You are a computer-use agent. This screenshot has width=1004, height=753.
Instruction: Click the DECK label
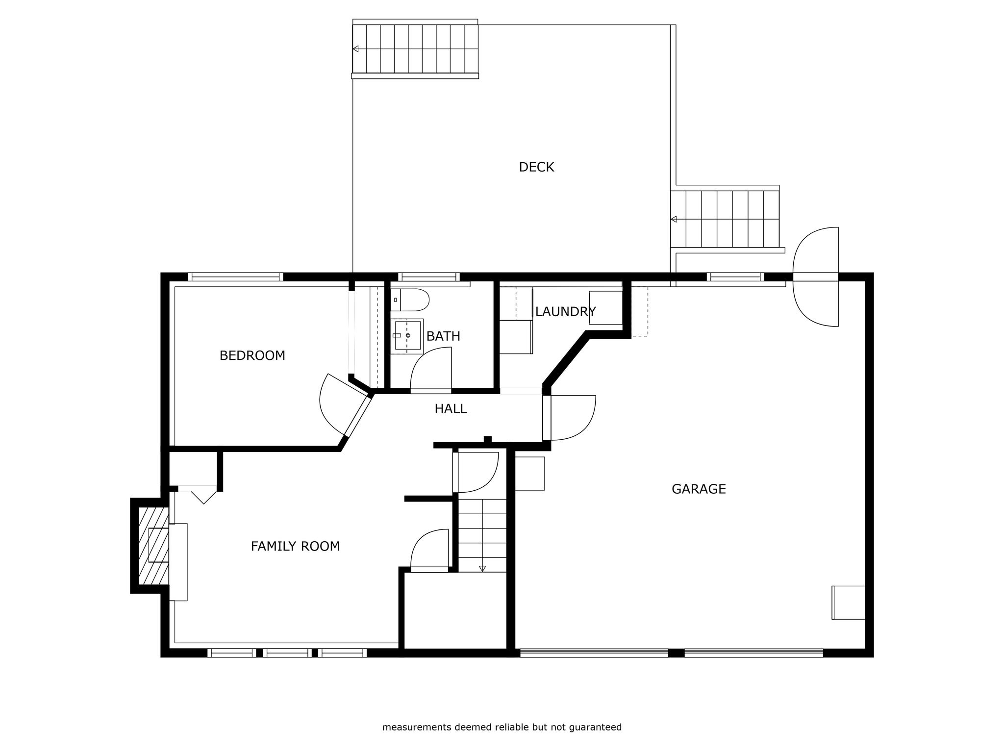[x=536, y=167]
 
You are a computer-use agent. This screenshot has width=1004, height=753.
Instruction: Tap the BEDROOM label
[x=252, y=355]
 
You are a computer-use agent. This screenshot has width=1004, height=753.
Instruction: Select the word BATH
[x=443, y=336]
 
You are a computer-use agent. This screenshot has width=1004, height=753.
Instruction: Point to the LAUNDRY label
[x=565, y=312]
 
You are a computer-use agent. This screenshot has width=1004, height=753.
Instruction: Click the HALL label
[x=451, y=409]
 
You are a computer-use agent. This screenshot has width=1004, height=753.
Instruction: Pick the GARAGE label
[x=699, y=489]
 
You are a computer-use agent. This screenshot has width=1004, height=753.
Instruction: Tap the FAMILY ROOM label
[x=295, y=546]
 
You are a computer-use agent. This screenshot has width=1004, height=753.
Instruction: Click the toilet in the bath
[x=410, y=300]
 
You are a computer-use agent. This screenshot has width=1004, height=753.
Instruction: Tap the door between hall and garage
[x=569, y=418]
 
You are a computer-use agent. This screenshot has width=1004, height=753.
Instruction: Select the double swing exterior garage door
[x=816, y=277]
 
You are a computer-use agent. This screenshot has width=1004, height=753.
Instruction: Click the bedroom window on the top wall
[x=235, y=277]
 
